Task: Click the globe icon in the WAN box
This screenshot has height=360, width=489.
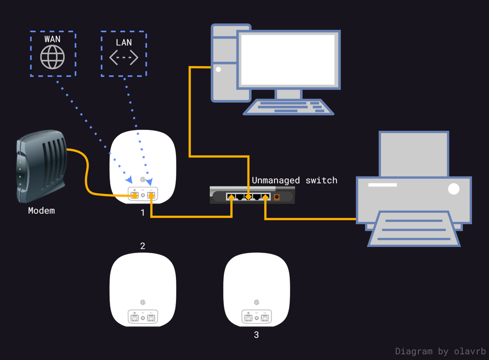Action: [52, 57]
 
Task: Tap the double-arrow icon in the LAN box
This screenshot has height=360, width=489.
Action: [123, 58]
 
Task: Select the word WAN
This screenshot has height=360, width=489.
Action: [52, 39]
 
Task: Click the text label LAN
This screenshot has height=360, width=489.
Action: [123, 42]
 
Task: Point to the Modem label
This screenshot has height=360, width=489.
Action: [42, 211]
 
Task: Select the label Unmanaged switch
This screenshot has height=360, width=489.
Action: [294, 180]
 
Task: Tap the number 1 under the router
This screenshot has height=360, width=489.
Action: [143, 213]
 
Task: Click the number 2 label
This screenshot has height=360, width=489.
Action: [143, 246]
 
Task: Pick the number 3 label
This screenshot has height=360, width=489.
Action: [256, 335]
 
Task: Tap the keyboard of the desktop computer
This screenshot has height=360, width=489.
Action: [289, 106]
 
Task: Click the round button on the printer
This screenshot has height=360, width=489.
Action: [454, 188]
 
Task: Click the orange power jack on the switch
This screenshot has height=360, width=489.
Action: [277, 197]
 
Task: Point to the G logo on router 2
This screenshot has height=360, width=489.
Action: [143, 303]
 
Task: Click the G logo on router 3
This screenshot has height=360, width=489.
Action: [256, 303]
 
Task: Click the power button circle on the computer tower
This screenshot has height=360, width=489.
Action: [219, 70]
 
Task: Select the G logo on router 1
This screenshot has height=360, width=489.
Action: [143, 180]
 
